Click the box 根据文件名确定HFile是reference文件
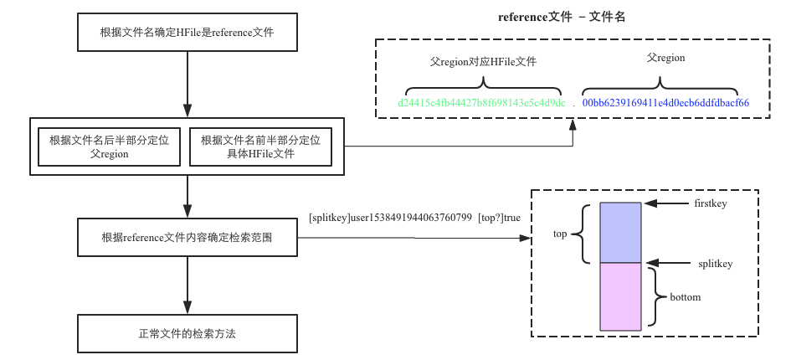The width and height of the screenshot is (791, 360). pyautogui.click(x=187, y=33)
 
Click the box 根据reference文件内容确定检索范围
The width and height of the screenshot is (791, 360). pyautogui.click(x=187, y=238)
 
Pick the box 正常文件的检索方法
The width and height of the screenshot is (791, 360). pyautogui.click(x=187, y=333)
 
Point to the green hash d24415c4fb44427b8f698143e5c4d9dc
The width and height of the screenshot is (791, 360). pyautogui.click(x=482, y=102)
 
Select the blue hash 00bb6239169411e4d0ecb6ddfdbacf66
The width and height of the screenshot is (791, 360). pyautogui.click(x=665, y=102)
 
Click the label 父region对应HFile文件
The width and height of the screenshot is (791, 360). pyautogui.click(x=483, y=61)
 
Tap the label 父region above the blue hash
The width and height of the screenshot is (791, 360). pyautogui.click(x=665, y=59)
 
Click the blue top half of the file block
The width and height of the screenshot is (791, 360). pyautogui.click(x=620, y=232)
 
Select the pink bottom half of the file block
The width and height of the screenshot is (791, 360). pyautogui.click(x=620, y=296)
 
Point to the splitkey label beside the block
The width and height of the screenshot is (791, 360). pyautogui.click(x=716, y=264)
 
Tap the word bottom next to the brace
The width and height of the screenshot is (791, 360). pyautogui.click(x=685, y=297)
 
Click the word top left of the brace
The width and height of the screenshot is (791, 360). pyautogui.click(x=562, y=234)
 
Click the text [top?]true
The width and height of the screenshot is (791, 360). pyautogui.click(x=499, y=218)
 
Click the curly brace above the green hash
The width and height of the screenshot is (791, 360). pyautogui.click(x=483, y=86)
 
